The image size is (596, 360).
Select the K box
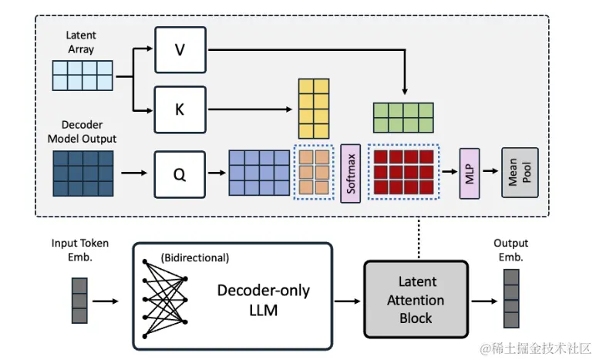coord(179,109)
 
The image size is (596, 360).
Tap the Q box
coord(179,173)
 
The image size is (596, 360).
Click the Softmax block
coord(351,173)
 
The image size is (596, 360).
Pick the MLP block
coord(470,173)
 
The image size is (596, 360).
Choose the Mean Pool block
coord(520,173)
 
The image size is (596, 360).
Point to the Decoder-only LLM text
coord(263,301)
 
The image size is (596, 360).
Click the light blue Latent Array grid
coord(82,77)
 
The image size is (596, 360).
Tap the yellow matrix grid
coord(311,107)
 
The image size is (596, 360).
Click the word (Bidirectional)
coord(195,258)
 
